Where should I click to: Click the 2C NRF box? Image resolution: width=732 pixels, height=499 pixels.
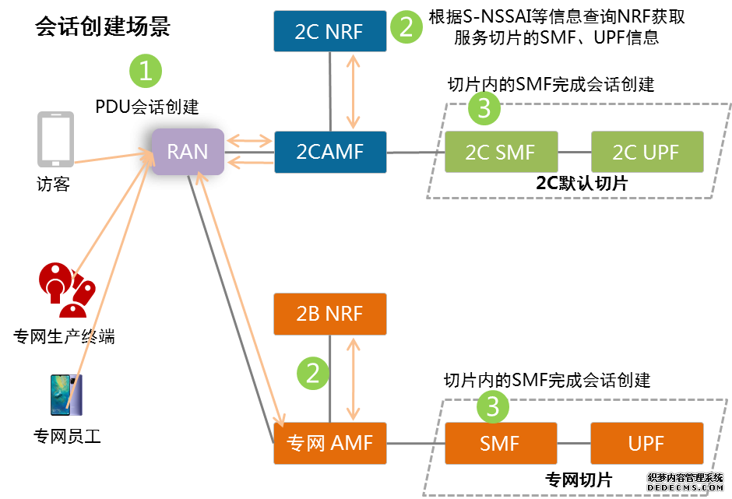click(329, 31)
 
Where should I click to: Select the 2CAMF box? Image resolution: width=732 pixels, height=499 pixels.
click(329, 152)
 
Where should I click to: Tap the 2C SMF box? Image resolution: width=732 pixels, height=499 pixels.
click(500, 152)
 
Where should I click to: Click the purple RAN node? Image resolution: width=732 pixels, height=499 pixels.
click(188, 150)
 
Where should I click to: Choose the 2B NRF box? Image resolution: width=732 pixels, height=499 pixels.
click(329, 314)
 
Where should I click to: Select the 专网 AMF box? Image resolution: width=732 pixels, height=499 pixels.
click(329, 444)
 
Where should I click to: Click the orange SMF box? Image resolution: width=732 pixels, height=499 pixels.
click(500, 444)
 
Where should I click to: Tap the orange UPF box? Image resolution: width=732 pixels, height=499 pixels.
click(646, 444)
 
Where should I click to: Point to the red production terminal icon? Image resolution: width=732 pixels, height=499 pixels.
click(65, 289)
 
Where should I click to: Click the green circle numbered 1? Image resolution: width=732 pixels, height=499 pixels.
click(146, 72)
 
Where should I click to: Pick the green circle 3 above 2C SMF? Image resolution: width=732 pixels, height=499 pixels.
click(484, 109)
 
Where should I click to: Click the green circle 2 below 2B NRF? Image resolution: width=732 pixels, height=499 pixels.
click(313, 374)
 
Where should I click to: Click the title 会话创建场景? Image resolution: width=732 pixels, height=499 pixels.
click(102, 27)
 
